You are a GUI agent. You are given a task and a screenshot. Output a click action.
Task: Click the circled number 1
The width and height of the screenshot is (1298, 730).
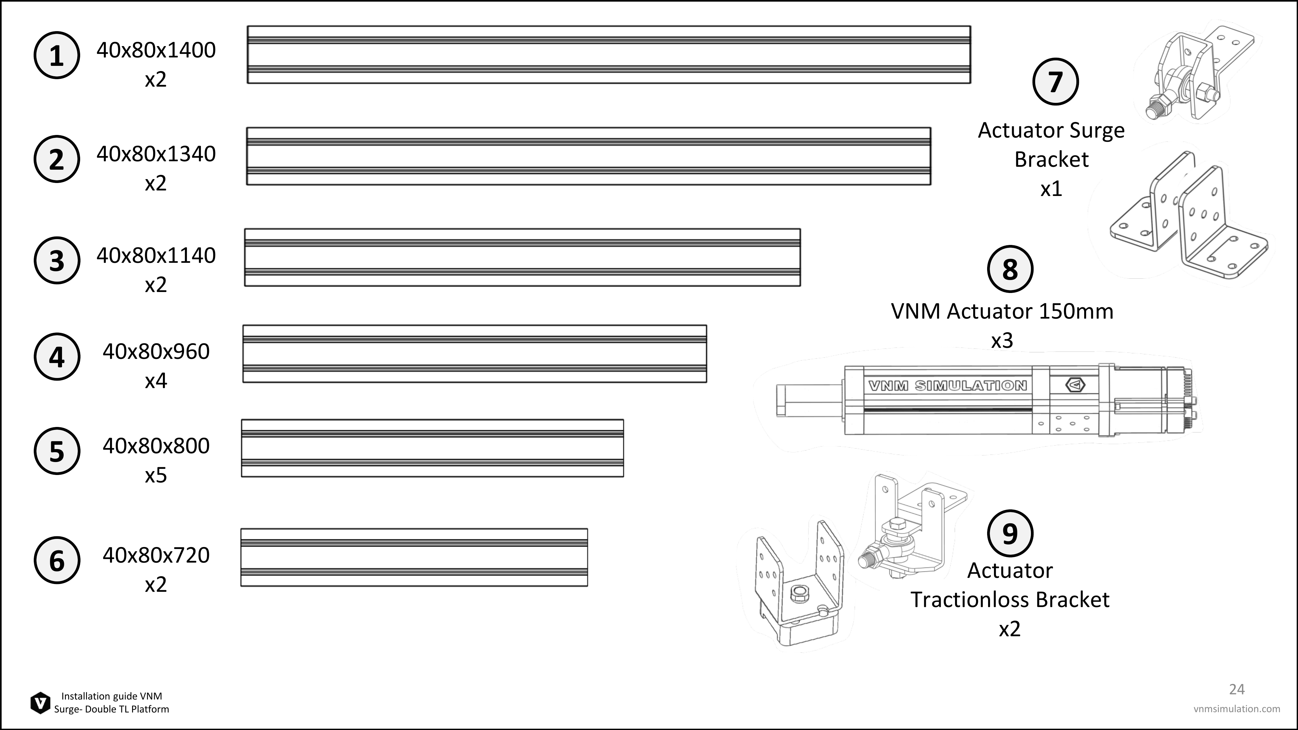pos(56,55)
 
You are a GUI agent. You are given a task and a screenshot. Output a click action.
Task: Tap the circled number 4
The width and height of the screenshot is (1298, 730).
pos(56,357)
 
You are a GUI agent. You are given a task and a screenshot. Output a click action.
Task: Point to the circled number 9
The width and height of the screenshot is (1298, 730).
pos(1010,533)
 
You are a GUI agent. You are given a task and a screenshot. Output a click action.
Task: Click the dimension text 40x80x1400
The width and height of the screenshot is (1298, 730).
pos(156,50)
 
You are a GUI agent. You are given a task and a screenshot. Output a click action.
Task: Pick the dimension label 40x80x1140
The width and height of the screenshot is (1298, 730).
pos(156,255)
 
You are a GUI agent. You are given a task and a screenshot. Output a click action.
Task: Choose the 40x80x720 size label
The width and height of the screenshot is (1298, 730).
pos(156,555)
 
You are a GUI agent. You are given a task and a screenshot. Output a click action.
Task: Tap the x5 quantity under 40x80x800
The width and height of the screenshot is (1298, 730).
pos(156,475)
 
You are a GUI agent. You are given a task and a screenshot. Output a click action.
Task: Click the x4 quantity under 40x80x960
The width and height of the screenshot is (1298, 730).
pos(156,381)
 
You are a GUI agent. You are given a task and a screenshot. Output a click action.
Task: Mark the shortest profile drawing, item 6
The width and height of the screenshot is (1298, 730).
pos(414,557)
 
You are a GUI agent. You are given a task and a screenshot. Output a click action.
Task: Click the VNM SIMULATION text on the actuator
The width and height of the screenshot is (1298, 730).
pos(947,386)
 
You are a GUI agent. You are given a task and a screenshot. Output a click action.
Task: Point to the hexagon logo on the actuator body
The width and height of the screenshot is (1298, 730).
pos(1075,385)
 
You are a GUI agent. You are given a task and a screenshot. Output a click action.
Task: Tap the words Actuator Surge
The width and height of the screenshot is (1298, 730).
pos(1051,130)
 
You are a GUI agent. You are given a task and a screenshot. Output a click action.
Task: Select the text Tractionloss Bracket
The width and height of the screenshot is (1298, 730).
pos(1010,600)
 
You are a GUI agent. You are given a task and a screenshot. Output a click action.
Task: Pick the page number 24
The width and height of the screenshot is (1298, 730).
pos(1237,689)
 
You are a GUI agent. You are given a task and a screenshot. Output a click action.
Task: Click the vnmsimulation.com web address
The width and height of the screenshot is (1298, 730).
pos(1237,709)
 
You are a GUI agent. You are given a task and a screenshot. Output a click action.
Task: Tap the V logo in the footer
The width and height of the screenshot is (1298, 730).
pos(40,703)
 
